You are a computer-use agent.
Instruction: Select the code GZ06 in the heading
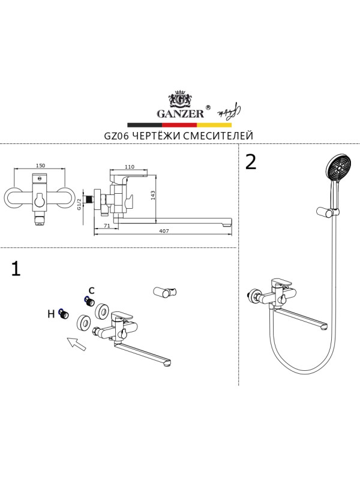116,136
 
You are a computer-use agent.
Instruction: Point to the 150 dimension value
41,166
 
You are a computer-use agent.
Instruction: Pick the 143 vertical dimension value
154,196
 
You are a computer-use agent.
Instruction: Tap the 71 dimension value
106,226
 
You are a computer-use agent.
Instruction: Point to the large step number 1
16,269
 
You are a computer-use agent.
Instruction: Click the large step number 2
250,162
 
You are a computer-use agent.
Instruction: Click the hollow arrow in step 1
76,344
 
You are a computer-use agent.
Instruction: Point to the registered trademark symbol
208,107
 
